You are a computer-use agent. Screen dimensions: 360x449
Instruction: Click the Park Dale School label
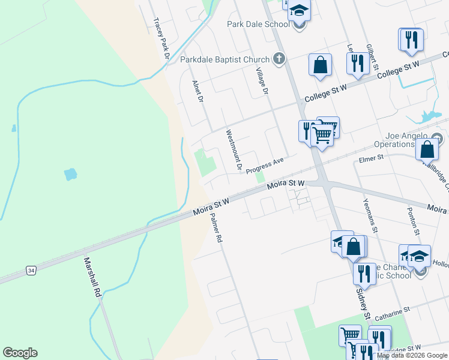click(x=258, y=24)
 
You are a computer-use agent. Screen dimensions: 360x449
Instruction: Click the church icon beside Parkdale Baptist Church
click(x=278, y=59)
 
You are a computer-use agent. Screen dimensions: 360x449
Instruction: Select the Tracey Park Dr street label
click(x=160, y=38)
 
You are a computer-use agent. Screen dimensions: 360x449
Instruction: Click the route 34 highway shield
click(x=31, y=271)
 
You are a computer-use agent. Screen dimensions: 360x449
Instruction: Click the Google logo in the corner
click(x=20, y=353)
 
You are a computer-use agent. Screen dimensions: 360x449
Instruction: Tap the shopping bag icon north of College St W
click(x=321, y=64)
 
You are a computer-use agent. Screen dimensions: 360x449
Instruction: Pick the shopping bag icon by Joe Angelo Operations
click(x=427, y=148)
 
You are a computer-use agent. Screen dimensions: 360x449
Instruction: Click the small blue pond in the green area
click(x=70, y=174)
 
